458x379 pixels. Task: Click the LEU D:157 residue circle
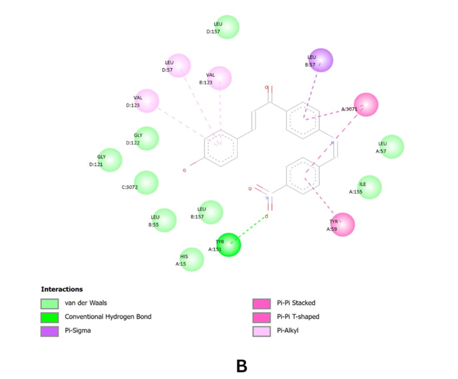(x=227, y=27)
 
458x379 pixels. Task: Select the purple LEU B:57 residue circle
(x=320, y=60)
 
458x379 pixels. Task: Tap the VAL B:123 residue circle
(x=220, y=78)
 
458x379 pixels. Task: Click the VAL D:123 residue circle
(x=147, y=101)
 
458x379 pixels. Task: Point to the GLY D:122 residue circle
(x=147, y=138)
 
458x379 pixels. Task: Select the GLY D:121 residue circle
(x=110, y=160)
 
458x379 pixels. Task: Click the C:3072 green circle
(x=147, y=182)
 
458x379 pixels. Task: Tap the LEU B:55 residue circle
(x=164, y=221)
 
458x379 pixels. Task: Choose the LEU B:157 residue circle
(x=211, y=212)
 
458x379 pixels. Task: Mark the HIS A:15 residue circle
(x=192, y=260)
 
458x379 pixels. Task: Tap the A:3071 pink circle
(x=366, y=105)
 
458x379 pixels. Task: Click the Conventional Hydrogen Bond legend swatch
(x=49, y=316)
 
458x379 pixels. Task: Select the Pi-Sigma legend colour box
(x=49, y=330)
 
